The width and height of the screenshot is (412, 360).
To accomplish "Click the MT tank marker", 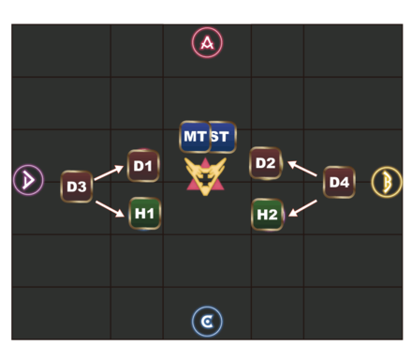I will tap(194, 137).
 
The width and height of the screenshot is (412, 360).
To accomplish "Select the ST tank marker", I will tap(222, 137).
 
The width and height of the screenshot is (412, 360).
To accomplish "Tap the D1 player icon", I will tap(142, 166).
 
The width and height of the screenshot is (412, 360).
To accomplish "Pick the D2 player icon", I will tap(266, 164).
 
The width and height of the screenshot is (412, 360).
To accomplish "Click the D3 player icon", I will tap(77, 187).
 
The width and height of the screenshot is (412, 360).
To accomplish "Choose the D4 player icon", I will tap(338, 182).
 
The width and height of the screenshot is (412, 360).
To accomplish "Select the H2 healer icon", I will tap(268, 215).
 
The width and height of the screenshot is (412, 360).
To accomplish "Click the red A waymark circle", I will tap(207, 42).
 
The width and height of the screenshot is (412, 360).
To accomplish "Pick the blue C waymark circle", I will tap(207, 322).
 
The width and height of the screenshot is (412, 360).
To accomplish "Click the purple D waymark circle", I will tap(28, 179).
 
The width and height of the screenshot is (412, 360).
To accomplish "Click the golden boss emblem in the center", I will tap(207, 174).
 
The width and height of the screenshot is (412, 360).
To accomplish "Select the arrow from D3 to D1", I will tap(109, 173).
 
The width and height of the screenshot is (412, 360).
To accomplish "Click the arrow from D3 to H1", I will tap(110, 207).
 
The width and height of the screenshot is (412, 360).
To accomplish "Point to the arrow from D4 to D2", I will tap(302, 169).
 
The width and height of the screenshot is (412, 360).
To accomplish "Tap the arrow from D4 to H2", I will tap(302, 204).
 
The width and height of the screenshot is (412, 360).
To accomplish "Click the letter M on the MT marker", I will tap(190, 137).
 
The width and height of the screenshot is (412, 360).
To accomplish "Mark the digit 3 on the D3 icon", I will tap(82, 187).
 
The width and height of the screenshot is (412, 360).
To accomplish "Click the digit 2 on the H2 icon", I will tap(273, 215).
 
